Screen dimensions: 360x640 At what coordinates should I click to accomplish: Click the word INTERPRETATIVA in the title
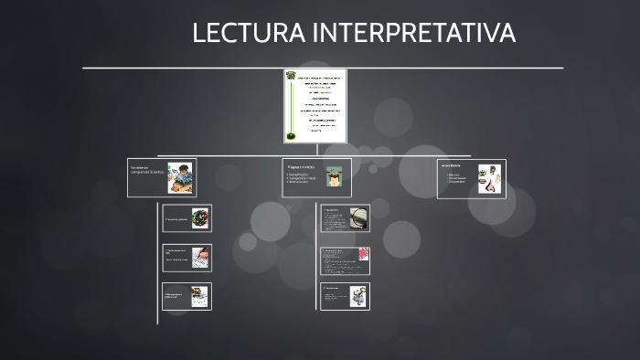[414, 33]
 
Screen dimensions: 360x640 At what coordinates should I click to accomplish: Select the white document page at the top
[315, 106]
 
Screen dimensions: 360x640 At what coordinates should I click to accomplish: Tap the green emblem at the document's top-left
[291, 76]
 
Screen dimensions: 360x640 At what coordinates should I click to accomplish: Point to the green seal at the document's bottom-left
[291, 136]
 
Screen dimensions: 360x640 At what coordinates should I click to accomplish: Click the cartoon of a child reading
[180, 177]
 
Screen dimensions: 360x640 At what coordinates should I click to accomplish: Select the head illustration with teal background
[336, 176]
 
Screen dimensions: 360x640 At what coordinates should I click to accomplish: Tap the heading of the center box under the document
[300, 167]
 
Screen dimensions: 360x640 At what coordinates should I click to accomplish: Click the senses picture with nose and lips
[490, 178]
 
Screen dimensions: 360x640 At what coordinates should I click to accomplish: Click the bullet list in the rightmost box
[457, 178]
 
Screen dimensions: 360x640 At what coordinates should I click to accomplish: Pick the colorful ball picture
[199, 218]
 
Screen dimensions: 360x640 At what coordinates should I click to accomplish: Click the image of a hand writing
[200, 258]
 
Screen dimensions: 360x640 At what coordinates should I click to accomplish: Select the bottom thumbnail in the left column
[199, 296]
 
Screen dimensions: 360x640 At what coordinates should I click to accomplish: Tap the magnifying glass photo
[357, 219]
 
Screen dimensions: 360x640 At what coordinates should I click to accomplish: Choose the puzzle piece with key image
[357, 296]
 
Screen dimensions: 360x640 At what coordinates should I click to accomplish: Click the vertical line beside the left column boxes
[157, 265]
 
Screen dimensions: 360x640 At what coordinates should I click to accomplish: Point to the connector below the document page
[315, 150]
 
